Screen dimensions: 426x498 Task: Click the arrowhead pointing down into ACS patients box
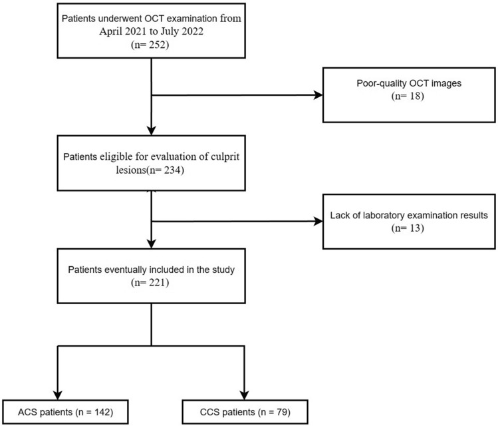click(x=58, y=394)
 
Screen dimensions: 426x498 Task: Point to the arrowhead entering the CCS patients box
click(x=247, y=394)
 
